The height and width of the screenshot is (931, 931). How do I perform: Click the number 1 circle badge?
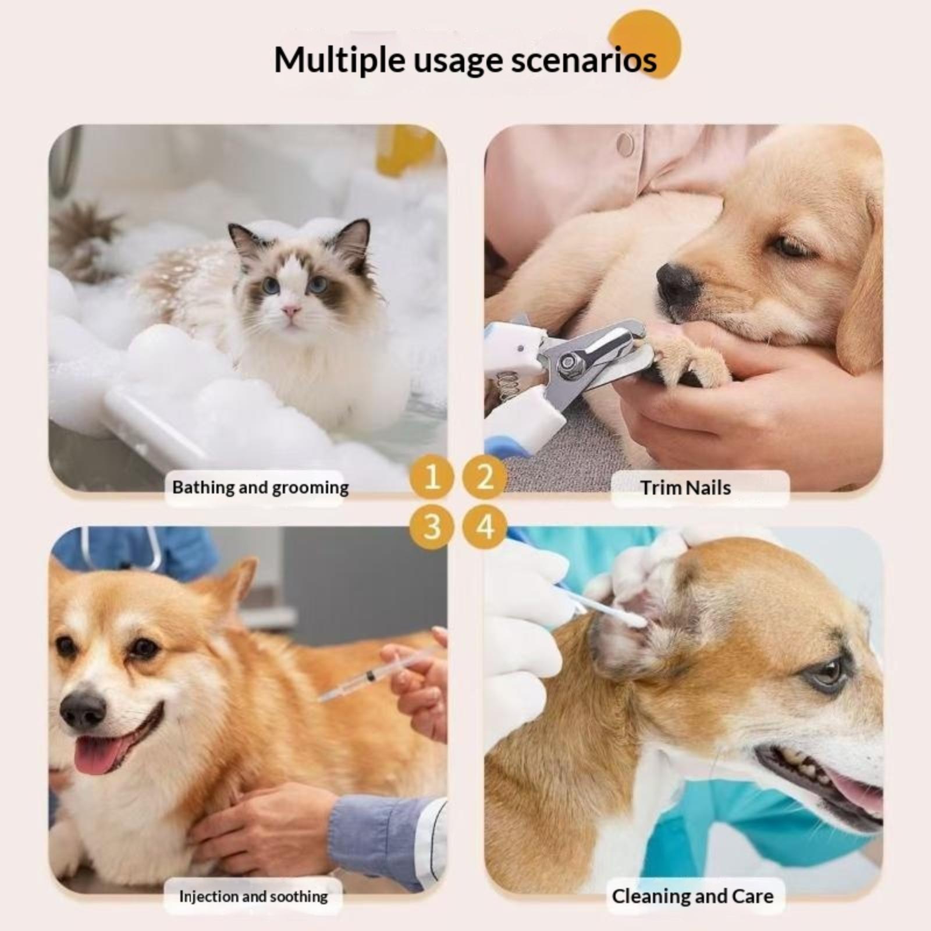(431, 477)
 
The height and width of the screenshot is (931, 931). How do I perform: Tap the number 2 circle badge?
(484, 477)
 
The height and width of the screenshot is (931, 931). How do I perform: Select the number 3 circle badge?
(431, 527)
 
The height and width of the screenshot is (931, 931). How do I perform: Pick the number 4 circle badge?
(484, 527)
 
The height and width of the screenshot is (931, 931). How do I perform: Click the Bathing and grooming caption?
(260, 488)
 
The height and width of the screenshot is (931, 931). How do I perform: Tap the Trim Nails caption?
(685, 488)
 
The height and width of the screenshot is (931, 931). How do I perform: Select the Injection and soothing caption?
(253, 896)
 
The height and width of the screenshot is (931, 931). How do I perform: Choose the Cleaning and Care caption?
(692, 896)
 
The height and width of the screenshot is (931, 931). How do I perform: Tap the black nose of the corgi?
(83, 710)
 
